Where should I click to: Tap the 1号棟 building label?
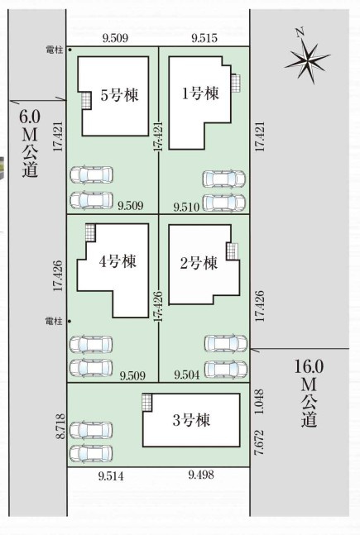200,93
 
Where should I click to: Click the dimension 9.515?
205,37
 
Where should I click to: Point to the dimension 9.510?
186,206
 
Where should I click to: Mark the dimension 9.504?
186,375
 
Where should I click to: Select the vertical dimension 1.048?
260,400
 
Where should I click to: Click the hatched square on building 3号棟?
146,403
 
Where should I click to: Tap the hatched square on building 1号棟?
237,83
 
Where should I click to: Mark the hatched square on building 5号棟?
86,100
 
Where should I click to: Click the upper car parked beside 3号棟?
91,430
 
